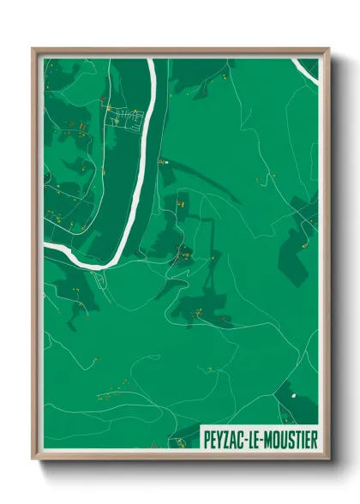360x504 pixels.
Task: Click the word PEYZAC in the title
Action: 227,439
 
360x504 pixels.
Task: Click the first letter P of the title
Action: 207,439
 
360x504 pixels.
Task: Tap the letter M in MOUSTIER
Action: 268,439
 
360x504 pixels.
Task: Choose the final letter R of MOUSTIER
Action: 313,439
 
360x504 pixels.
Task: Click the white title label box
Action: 260,439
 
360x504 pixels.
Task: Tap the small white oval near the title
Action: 293,396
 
